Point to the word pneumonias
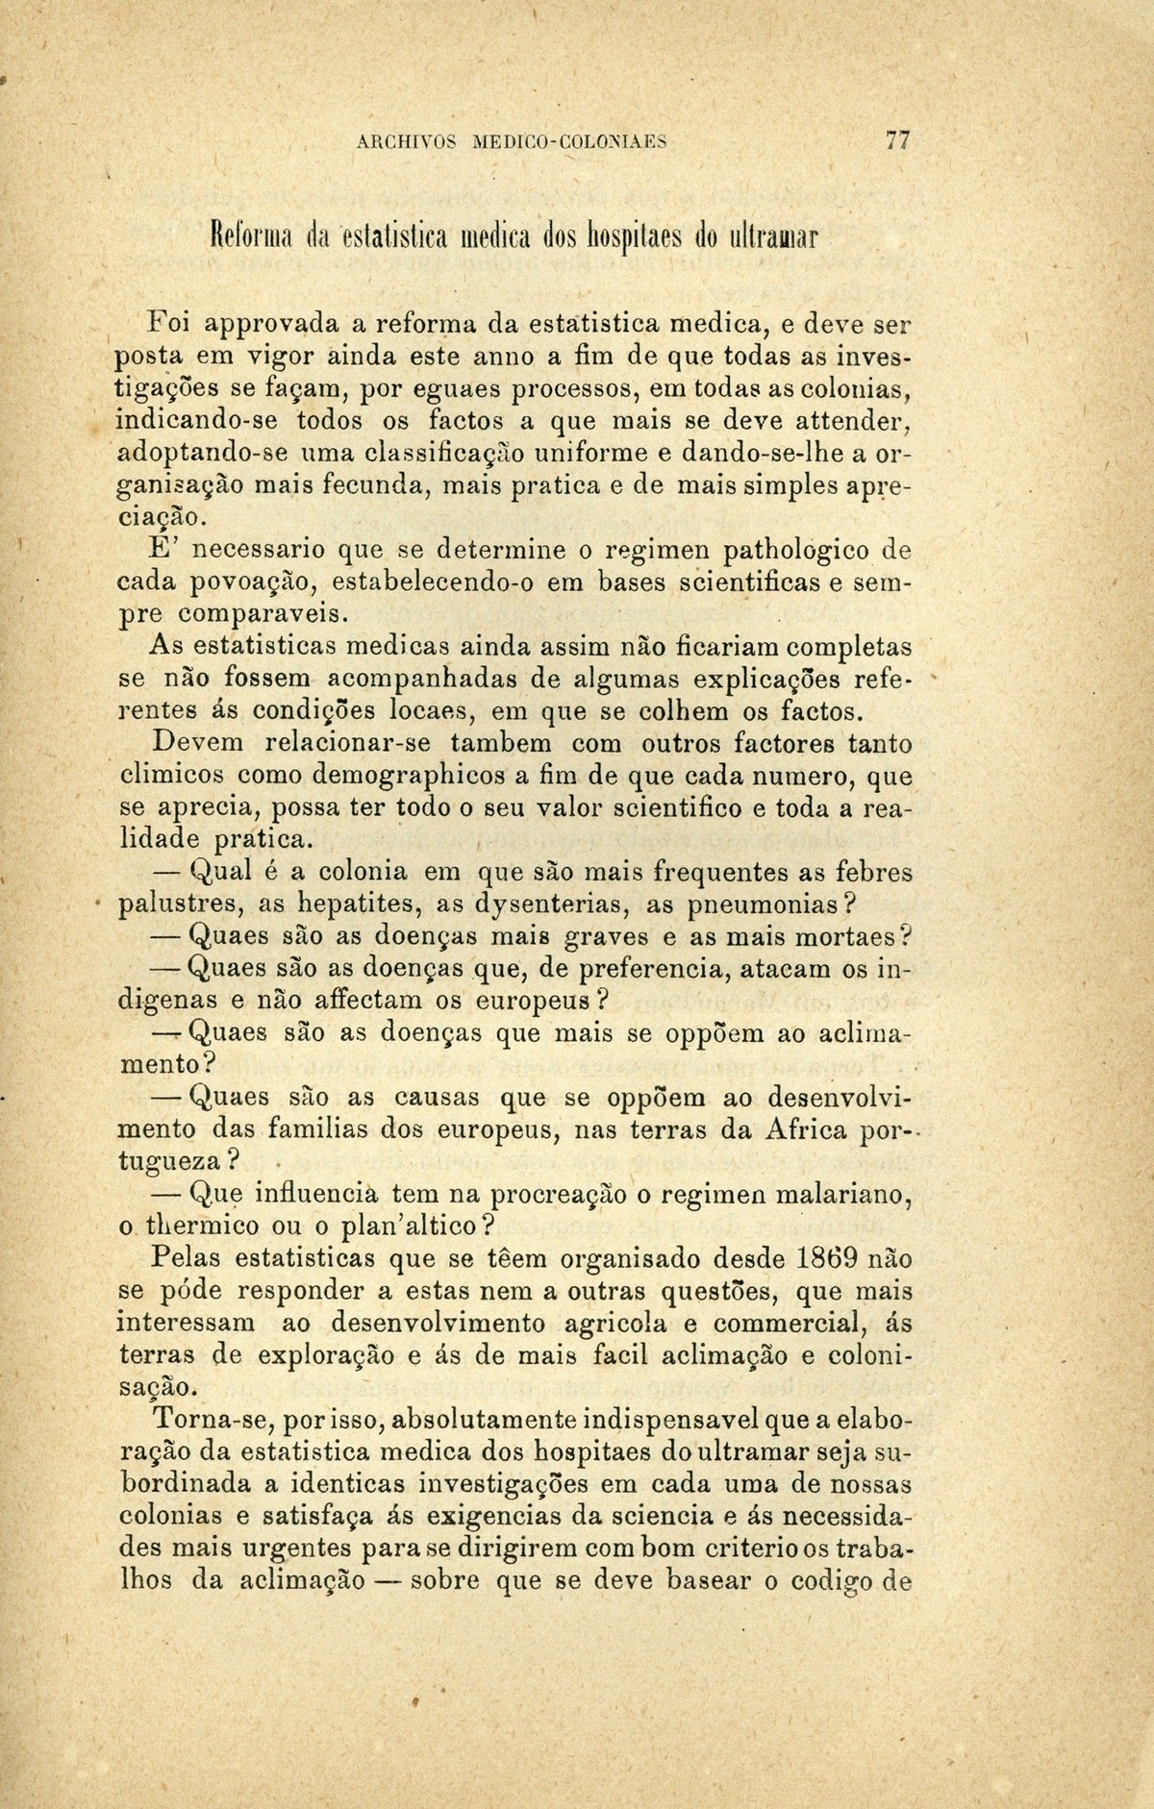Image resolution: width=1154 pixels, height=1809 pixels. pyautogui.click(x=765, y=905)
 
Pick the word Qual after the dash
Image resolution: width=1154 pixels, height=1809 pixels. pyautogui.click(x=221, y=873)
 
